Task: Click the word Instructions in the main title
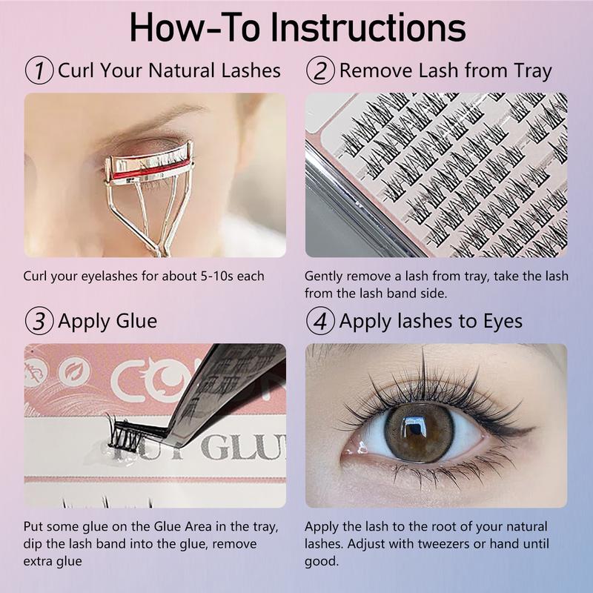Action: tap(368, 28)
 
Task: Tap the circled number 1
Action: tap(39, 70)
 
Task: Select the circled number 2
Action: tap(320, 70)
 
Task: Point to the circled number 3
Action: tap(39, 321)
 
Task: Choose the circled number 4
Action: tap(320, 321)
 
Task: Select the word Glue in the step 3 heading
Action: tap(136, 322)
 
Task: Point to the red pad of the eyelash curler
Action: tap(151, 170)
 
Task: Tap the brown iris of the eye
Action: tap(419, 432)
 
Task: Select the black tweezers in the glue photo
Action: tap(223, 394)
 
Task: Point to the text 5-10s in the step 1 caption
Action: tap(213, 276)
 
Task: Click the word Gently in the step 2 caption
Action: tap(324, 276)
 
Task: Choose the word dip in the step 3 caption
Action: tap(33, 545)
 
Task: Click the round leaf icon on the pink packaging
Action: tap(75, 372)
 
